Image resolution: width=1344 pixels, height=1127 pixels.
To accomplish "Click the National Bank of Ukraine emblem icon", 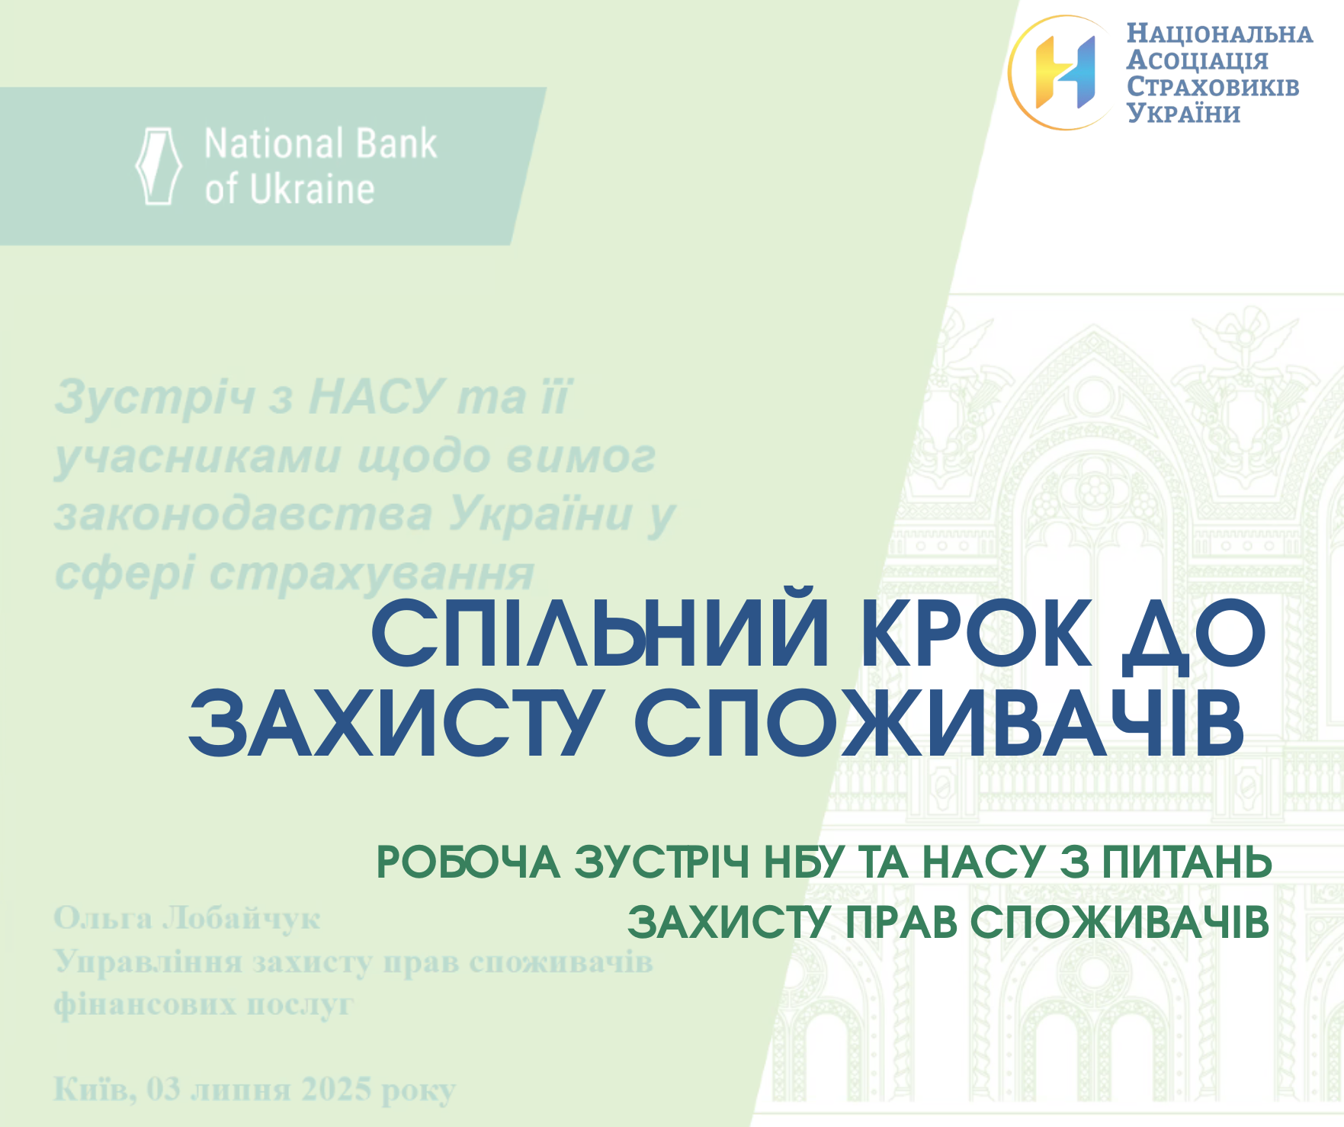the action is (159, 165).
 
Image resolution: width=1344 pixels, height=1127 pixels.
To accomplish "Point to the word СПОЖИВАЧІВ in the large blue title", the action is (939, 722).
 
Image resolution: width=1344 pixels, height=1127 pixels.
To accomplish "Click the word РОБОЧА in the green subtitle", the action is (468, 862).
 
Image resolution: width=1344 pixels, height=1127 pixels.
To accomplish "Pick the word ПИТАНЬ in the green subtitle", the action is (1188, 862).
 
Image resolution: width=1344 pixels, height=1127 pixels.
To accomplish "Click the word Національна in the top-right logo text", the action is (1220, 34).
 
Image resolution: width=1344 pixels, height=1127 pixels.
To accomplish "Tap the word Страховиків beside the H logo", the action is (1213, 86).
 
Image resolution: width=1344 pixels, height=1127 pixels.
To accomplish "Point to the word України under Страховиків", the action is (1184, 112).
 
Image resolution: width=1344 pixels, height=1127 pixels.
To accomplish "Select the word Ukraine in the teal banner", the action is (312, 188).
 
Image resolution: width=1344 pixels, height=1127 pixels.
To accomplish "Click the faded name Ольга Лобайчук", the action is (187, 919).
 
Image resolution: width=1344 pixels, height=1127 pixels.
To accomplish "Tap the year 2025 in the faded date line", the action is (337, 1089).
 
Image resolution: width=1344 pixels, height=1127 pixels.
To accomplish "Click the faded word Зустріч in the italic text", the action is (154, 397).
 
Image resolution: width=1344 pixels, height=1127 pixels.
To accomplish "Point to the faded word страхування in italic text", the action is (371, 574).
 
